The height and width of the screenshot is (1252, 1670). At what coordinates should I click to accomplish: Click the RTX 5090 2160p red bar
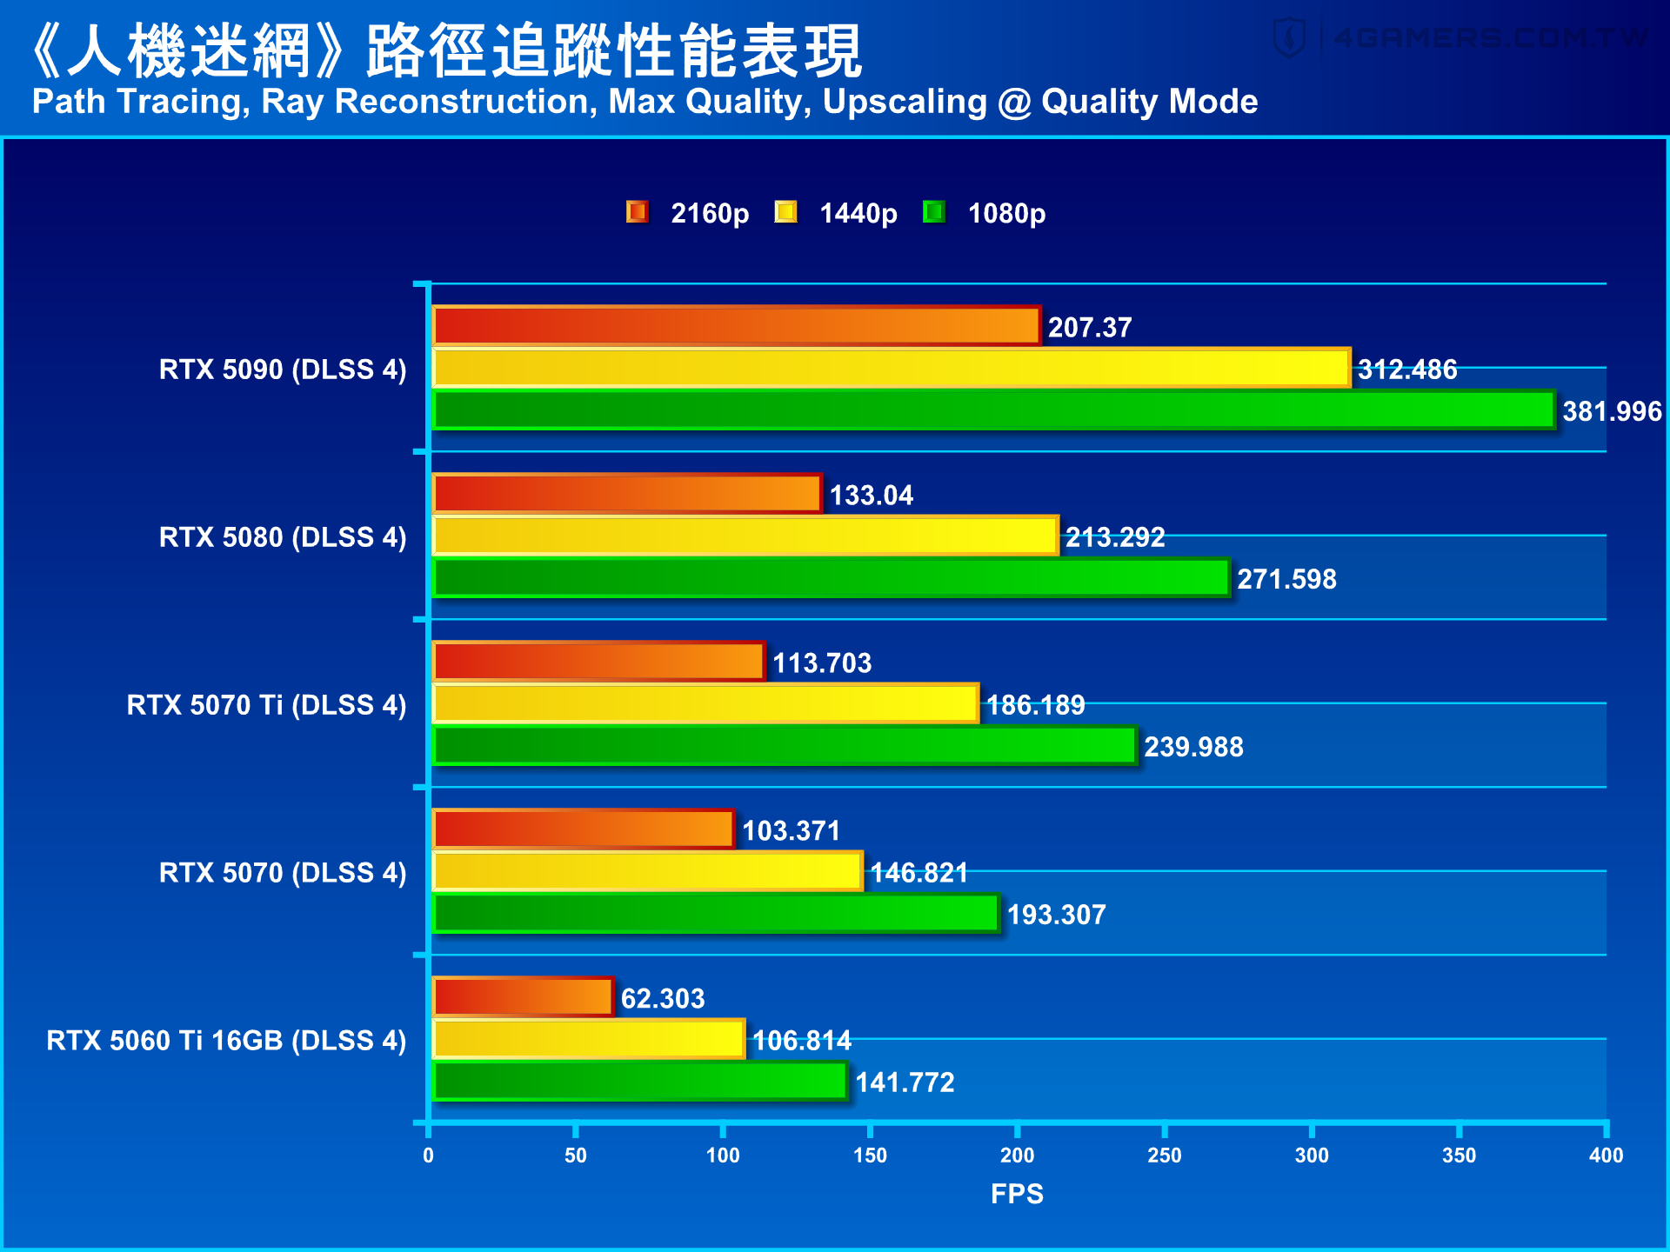coord(736,326)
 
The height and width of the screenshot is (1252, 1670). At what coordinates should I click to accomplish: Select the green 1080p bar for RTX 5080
coord(831,578)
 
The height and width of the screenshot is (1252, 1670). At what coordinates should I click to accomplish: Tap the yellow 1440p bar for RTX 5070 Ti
coord(705,703)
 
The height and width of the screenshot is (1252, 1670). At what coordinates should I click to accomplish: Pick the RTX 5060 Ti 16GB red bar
coord(523,997)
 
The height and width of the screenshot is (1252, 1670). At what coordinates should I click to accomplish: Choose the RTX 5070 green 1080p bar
coord(715,914)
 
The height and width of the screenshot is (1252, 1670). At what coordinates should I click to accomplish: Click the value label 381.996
coord(1612,411)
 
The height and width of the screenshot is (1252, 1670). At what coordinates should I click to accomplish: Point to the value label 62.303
coord(663,998)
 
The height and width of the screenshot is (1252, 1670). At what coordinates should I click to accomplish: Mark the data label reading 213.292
coord(1115,537)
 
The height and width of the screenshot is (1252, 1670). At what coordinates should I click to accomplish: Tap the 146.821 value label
coord(919,872)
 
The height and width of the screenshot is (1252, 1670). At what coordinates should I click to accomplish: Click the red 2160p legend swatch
coord(638,212)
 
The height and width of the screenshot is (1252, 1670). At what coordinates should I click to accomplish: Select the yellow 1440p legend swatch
coord(785,212)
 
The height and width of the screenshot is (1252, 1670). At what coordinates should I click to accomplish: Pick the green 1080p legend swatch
coord(934,212)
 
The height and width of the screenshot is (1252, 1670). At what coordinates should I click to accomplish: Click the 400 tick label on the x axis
coord(1606,1155)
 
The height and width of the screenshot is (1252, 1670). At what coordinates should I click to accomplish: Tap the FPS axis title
coord(1017,1194)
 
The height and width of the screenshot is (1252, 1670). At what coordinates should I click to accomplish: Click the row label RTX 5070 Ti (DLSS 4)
coord(266,704)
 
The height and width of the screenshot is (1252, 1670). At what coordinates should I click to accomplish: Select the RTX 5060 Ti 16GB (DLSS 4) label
coord(226,1040)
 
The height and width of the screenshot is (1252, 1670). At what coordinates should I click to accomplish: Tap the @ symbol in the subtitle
coord(1014,103)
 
